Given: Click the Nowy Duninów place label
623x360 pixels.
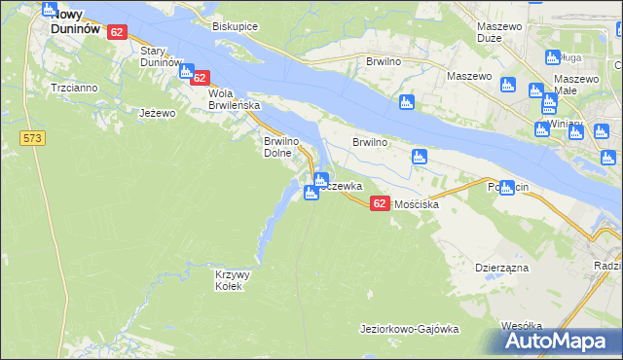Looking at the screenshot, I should pyautogui.click(x=75, y=22).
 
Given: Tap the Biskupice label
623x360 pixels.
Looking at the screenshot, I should pyautogui.click(x=235, y=27).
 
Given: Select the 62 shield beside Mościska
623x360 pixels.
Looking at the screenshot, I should pyautogui.click(x=380, y=201).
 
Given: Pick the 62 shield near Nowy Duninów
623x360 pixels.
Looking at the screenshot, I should pyautogui.click(x=117, y=32).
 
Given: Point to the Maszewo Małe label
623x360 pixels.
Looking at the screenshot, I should pyautogui.click(x=575, y=85).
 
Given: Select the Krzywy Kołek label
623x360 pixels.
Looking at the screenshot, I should pyautogui.click(x=233, y=280).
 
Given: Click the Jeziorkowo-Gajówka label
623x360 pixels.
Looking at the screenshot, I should pyautogui.click(x=409, y=329).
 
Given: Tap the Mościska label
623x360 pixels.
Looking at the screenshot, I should pyautogui.click(x=418, y=205).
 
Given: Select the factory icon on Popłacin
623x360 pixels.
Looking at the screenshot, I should pyautogui.click(x=506, y=187).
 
